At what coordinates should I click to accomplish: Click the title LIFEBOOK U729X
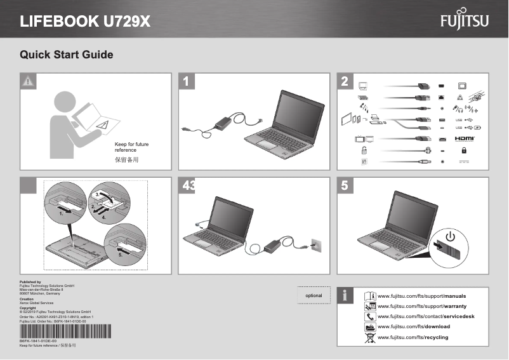coord(86,22)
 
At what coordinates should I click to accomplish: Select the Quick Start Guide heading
coord(67,55)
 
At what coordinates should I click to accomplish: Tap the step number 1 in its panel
coord(186,81)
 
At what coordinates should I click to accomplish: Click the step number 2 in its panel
coord(344,81)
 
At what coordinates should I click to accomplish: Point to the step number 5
coord(344,186)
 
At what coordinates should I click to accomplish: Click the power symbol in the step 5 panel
coord(450,237)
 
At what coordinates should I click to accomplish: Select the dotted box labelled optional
coord(314,295)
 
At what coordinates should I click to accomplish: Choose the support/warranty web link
coord(422,307)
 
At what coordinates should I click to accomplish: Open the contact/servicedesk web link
coord(426,316)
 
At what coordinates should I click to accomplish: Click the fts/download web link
coord(414,326)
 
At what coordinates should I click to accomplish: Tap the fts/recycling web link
coord(413,337)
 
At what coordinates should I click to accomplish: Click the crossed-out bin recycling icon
coord(370,337)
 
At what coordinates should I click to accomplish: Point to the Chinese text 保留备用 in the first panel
coord(126,160)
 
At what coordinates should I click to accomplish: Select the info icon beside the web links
coord(345,295)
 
